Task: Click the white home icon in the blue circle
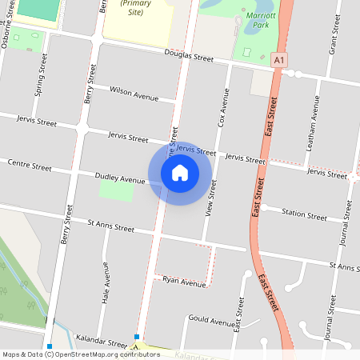(180, 172)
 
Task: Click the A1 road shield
(278, 60)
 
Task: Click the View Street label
(213, 200)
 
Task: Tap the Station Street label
(304, 214)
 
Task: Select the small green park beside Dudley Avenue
(116, 190)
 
